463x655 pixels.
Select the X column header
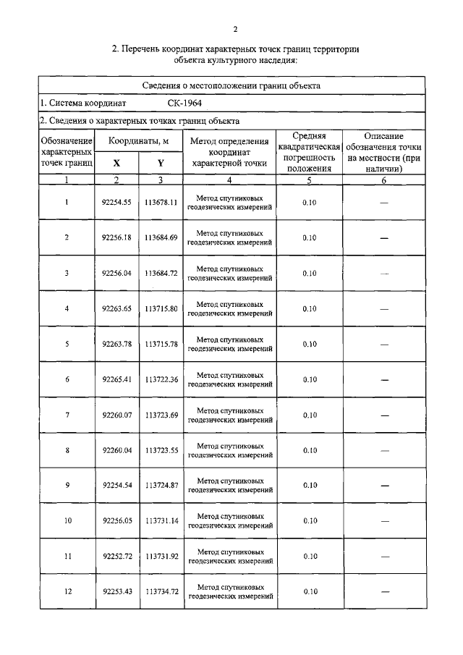[x=116, y=164]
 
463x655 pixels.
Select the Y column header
[x=160, y=164]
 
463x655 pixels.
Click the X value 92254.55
[x=116, y=203]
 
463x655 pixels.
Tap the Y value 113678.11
[x=161, y=203]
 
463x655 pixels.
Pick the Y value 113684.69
[x=161, y=238]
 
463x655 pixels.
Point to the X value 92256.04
[x=116, y=274]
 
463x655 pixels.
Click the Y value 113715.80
[x=161, y=309]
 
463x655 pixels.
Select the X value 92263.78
[x=116, y=344]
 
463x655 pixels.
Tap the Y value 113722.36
[x=161, y=379]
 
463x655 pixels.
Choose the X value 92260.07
[x=116, y=415]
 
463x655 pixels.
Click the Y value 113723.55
[x=161, y=450]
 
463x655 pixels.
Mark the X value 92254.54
[x=116, y=486]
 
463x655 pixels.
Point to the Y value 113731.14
[x=161, y=521]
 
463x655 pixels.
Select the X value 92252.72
[x=116, y=557]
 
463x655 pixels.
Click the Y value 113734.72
[x=161, y=592]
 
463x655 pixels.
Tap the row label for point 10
[x=67, y=521]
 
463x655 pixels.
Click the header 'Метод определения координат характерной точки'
[x=229, y=152]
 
